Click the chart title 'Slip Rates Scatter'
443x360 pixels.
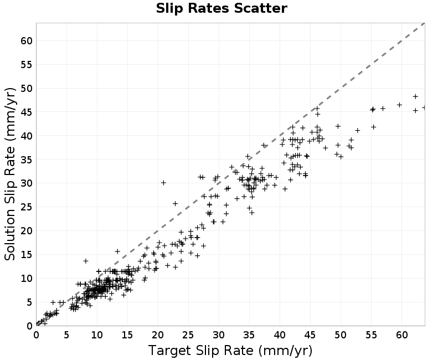(221, 8)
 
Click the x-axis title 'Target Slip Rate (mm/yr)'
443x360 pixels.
(230, 351)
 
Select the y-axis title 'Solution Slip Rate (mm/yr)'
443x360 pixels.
(11, 174)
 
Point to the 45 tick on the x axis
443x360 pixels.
(310, 335)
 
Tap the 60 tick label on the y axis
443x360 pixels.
(27, 40)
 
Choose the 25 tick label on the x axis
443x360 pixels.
(188, 335)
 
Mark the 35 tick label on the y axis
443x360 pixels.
(27, 160)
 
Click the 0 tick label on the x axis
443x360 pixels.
(37, 335)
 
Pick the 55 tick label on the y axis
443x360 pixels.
(27, 65)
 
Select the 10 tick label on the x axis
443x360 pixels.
(97, 335)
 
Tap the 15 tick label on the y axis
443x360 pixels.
(27, 255)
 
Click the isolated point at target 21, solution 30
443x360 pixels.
(163, 183)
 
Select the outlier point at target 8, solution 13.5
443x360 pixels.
(86, 261)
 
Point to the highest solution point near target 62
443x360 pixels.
(415, 96)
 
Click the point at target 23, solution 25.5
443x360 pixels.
(175, 203)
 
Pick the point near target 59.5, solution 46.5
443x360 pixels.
(399, 105)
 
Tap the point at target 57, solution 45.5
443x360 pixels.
(383, 109)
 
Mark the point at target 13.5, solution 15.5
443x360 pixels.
(117, 251)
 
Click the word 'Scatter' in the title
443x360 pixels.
(260, 8)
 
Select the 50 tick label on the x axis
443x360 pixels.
(341, 335)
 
